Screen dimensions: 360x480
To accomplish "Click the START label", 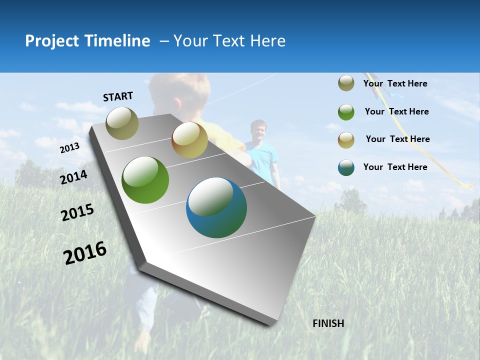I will tap(118, 96).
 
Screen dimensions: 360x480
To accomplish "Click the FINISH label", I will tap(328, 323).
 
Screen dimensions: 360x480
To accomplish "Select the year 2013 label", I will tap(69, 148).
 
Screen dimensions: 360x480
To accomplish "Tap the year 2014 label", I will tap(73, 177).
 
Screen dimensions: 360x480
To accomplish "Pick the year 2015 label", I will tap(77, 212).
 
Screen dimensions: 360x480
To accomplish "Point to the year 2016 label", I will tap(85, 252).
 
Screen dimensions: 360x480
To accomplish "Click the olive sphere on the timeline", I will tap(122, 123).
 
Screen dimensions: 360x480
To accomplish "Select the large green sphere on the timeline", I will tap(145, 180).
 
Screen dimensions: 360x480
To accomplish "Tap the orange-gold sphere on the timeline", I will tap(189, 140).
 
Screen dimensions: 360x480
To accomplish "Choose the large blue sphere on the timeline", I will tap(216, 207).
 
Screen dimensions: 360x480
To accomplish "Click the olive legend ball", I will tap(346, 83).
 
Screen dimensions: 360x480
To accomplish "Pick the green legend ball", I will tap(346, 111).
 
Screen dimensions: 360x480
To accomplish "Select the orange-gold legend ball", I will tap(346, 139).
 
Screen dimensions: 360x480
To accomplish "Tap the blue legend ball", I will tap(346, 167).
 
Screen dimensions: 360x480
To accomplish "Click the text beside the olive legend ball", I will tap(395, 83).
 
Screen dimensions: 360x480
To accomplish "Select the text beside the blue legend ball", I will tap(395, 167).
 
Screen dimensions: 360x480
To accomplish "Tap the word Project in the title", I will tap(52, 41).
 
